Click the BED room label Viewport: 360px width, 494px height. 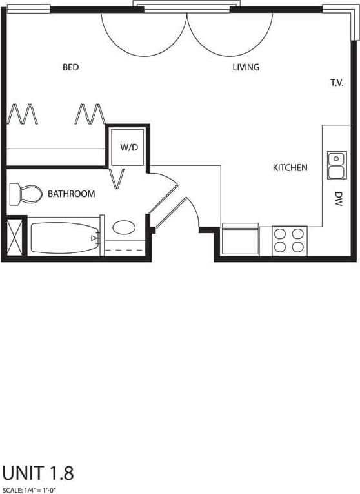coord(71,67)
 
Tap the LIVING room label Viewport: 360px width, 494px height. coord(246,67)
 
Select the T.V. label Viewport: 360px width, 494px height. coord(337,83)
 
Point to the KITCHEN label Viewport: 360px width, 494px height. coord(290,168)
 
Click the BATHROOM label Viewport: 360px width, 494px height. coord(71,194)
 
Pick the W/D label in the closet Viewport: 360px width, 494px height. coord(129,147)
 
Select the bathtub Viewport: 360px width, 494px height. coord(63,238)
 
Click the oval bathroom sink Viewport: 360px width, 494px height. coord(124,227)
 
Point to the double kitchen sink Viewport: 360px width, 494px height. coord(336,165)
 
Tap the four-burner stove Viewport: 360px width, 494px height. coord(289,241)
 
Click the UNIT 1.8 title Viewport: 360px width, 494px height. coord(38,473)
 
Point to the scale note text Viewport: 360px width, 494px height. coord(28,490)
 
